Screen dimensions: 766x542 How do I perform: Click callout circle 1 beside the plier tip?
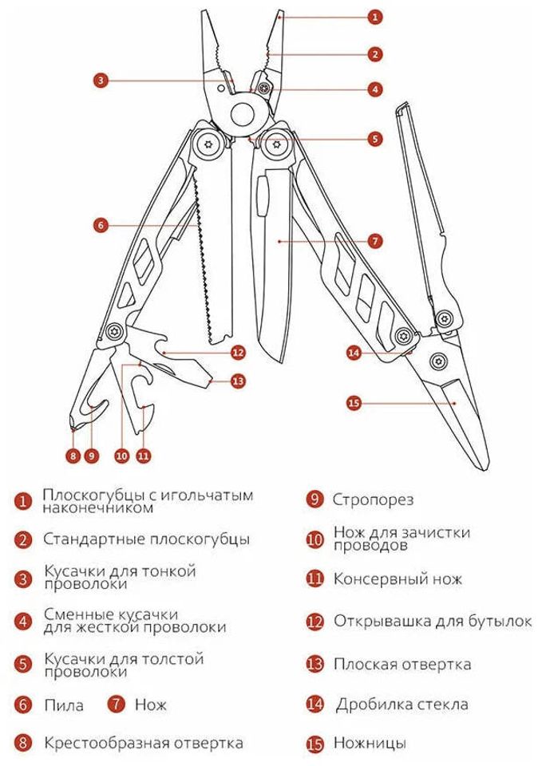(x=376, y=16)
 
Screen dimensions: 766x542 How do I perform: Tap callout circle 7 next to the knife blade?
(x=376, y=240)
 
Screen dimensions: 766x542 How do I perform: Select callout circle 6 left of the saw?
(x=100, y=225)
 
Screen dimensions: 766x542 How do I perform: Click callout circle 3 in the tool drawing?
(x=100, y=80)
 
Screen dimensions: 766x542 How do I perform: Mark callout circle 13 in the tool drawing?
(x=237, y=381)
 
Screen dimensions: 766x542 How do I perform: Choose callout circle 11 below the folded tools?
(x=143, y=456)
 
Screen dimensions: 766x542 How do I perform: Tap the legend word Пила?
(x=63, y=705)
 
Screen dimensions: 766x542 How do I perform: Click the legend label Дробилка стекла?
(x=402, y=704)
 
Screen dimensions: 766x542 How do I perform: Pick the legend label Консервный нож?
(x=398, y=579)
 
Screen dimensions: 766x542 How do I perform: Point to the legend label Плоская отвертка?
(x=402, y=664)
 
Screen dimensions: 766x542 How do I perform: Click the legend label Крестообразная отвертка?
(x=143, y=743)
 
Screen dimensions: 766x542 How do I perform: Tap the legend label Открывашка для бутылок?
(x=432, y=621)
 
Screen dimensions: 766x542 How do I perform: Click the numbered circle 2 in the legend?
(x=24, y=540)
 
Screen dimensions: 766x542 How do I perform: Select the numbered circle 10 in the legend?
(x=315, y=539)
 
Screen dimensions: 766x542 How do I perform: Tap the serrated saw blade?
(x=210, y=263)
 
